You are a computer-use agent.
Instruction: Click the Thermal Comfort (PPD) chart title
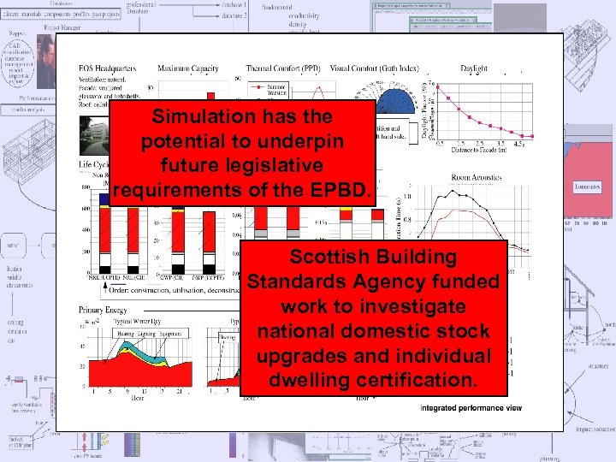283,68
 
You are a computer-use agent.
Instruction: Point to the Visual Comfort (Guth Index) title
373,68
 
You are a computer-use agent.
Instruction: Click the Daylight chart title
474,68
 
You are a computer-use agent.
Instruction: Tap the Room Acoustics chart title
476,178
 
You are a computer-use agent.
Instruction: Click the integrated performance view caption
470,408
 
